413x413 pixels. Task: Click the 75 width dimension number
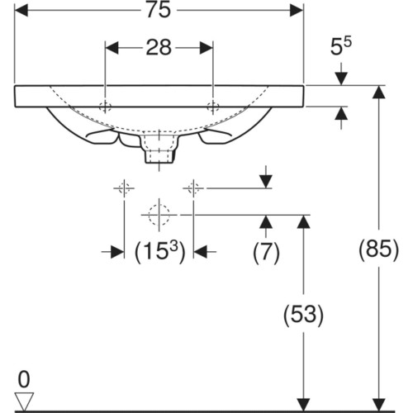(x=159, y=11)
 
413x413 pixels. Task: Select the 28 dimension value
(x=159, y=48)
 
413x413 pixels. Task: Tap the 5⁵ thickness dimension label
(x=341, y=46)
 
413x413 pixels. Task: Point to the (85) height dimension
(x=378, y=250)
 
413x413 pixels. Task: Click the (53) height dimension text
(x=303, y=315)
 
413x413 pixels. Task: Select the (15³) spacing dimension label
(x=160, y=251)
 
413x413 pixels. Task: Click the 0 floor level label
(x=24, y=379)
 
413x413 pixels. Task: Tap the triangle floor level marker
(x=24, y=401)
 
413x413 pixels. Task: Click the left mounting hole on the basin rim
(x=105, y=107)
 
